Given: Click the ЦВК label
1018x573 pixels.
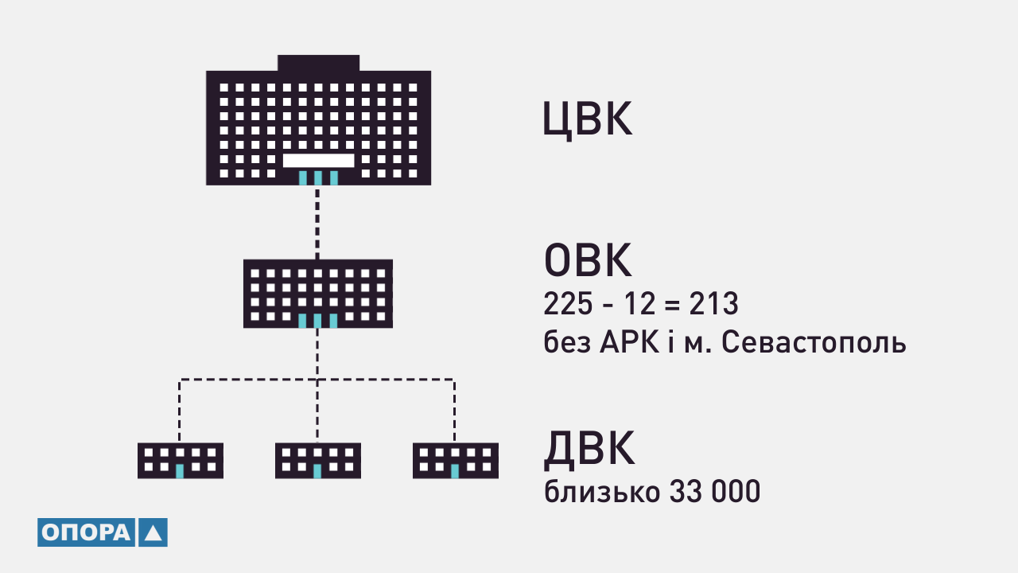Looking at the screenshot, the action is (x=587, y=119).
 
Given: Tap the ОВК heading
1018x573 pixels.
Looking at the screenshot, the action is (x=588, y=260).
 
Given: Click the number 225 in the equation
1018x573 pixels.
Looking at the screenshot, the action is (x=568, y=304).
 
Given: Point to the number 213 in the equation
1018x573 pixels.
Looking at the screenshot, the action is (x=713, y=304).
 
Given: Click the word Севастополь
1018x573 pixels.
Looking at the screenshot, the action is (x=814, y=342).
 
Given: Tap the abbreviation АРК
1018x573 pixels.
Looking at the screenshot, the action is (x=629, y=342).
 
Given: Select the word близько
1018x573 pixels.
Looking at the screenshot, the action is (x=602, y=492).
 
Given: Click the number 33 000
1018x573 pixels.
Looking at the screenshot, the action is (x=715, y=492).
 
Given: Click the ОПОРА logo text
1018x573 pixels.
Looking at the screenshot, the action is (x=86, y=532).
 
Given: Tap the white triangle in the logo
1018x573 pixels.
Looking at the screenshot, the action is (x=153, y=533).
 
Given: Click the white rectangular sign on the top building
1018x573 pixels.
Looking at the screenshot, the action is (x=319, y=161).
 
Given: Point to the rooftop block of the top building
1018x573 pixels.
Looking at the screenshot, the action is (x=319, y=63).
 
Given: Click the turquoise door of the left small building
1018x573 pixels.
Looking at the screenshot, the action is (x=180, y=471).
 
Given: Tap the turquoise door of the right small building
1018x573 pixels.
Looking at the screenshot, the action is (x=455, y=471).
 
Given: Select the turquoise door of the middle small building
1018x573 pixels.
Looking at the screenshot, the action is (x=317, y=471).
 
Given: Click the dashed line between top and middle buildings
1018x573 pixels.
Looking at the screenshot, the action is (x=317, y=222).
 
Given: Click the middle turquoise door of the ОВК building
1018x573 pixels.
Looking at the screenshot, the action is (x=317, y=321).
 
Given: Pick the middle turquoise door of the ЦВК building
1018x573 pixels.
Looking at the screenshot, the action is (x=318, y=177).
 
